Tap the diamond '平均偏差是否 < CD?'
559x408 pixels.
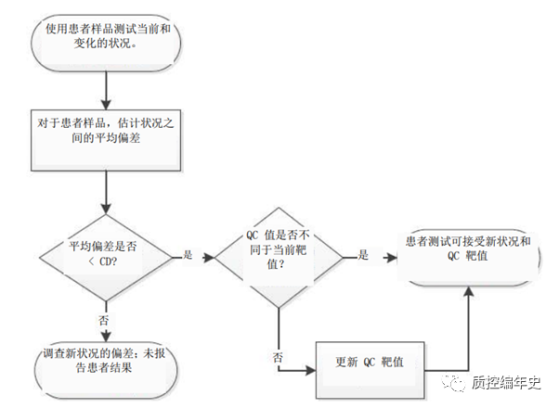click(x=104, y=253)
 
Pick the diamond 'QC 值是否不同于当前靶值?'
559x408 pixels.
click(x=279, y=253)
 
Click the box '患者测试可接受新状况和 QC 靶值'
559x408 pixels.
click(x=468, y=249)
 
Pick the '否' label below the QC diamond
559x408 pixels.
click(x=278, y=355)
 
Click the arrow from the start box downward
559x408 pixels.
click(x=108, y=86)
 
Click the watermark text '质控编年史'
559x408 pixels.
click(x=505, y=381)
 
